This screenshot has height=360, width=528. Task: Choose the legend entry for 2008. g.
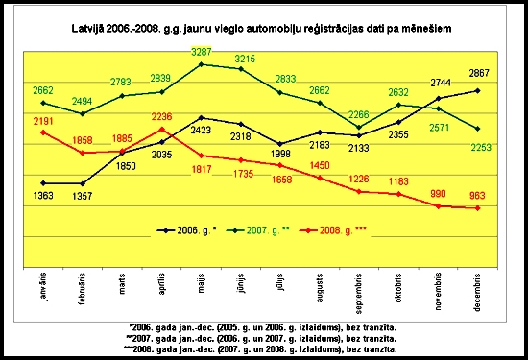point(336,230)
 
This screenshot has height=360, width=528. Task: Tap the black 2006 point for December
point(478,90)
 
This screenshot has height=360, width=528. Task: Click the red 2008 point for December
point(478,208)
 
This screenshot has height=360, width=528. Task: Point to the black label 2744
point(437,84)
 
